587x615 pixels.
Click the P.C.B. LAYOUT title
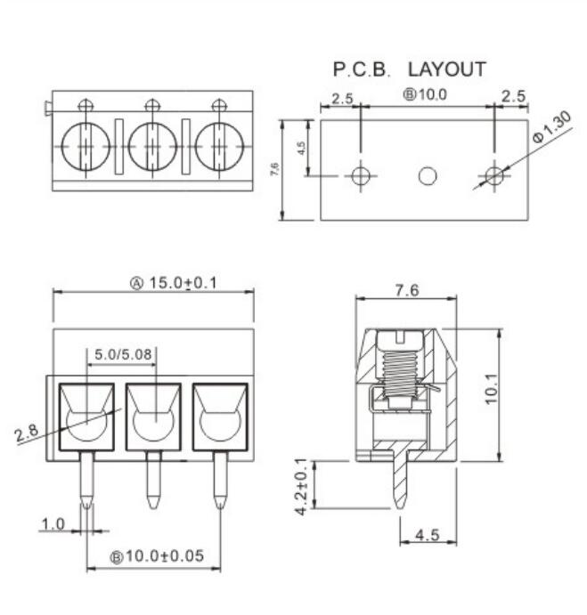click(409, 69)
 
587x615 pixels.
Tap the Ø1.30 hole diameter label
click(551, 126)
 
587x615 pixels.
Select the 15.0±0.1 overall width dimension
click(183, 282)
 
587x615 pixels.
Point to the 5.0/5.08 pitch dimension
click(123, 354)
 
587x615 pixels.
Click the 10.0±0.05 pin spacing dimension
click(165, 555)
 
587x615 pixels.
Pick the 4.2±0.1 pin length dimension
click(302, 486)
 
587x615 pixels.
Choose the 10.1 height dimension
click(491, 389)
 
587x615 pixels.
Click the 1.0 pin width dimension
click(53, 524)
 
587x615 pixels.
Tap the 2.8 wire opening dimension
click(27, 433)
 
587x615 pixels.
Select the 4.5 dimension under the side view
click(428, 535)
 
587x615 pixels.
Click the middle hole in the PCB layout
click(428, 175)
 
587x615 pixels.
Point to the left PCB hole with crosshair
click(361, 175)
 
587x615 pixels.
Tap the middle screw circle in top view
click(153, 147)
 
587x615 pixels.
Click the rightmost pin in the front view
click(220, 480)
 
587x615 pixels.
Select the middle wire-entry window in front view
click(153, 417)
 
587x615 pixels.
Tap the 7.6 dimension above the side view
click(407, 290)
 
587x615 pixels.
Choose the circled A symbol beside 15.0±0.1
click(136, 283)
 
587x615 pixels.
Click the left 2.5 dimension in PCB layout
click(342, 99)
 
